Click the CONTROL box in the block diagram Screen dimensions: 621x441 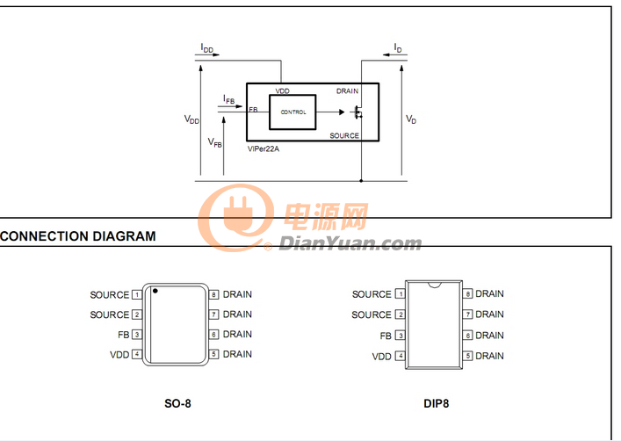[292, 112]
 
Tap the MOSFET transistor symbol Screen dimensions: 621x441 [357, 112]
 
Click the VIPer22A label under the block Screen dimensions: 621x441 [264, 149]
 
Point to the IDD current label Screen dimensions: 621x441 [206, 48]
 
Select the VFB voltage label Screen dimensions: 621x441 [214, 142]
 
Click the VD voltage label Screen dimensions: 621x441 [411, 119]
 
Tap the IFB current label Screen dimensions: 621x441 [229, 99]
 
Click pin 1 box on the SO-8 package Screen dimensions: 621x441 [137, 295]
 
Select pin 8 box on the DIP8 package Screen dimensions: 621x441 [468, 294]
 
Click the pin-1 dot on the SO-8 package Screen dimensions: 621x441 [155, 291]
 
